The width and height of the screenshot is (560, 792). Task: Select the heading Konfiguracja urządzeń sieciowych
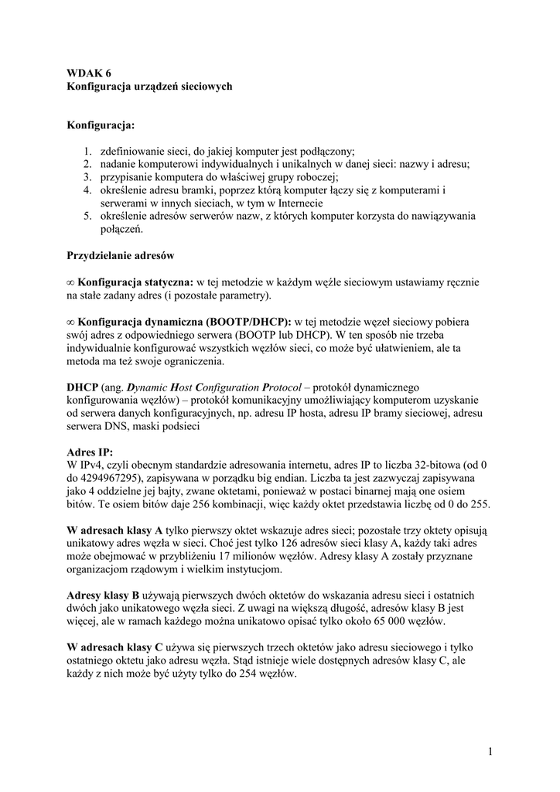[149, 87]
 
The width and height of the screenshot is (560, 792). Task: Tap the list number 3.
[88, 176]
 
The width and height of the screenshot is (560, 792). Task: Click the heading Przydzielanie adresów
[120, 255]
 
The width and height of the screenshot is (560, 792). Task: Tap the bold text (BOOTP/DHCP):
[249, 321]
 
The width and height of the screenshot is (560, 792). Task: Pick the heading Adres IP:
[90, 452]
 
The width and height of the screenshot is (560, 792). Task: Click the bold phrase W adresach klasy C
[114, 647]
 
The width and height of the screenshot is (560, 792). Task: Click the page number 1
[490, 750]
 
